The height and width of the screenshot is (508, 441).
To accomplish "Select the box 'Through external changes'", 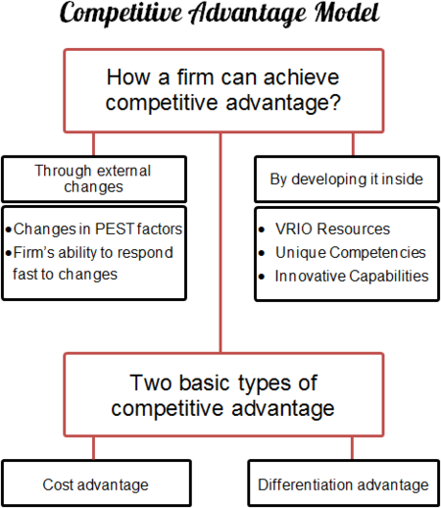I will pos(93,178).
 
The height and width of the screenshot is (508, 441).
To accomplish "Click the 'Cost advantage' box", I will pos(94,484).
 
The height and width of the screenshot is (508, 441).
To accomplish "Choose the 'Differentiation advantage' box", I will pos(343,484).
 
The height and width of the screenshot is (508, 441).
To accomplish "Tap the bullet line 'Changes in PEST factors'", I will pos(97,229).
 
